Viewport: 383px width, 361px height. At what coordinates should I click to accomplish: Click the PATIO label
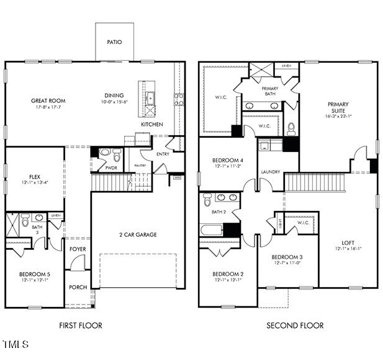pos(114,42)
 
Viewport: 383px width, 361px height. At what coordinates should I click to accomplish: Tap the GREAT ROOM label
pos(48,100)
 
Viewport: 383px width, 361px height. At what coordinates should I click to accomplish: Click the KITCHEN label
pos(152,125)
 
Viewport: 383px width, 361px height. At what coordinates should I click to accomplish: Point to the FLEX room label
pos(35,176)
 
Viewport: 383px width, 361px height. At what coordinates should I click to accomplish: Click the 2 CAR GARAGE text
pos(138,234)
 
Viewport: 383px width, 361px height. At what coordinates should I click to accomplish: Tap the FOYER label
pos(78,249)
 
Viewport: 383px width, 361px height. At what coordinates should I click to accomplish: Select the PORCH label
pos(78,287)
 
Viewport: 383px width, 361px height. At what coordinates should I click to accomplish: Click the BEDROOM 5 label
pos(35,274)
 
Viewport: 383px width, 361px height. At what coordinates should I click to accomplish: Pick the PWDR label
pos(112,167)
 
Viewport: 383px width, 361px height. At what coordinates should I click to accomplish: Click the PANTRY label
pos(140,166)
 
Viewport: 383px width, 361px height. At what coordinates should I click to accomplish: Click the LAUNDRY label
pos(271,172)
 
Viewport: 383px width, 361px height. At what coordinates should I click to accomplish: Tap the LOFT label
pos(348,243)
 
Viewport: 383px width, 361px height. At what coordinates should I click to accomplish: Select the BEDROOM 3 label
pos(288,257)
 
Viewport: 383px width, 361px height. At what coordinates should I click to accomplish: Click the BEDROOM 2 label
pos(228,274)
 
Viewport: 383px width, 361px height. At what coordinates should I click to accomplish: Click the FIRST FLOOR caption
pos(81,326)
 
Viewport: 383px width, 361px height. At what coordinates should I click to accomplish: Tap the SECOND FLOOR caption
pos(295,326)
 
